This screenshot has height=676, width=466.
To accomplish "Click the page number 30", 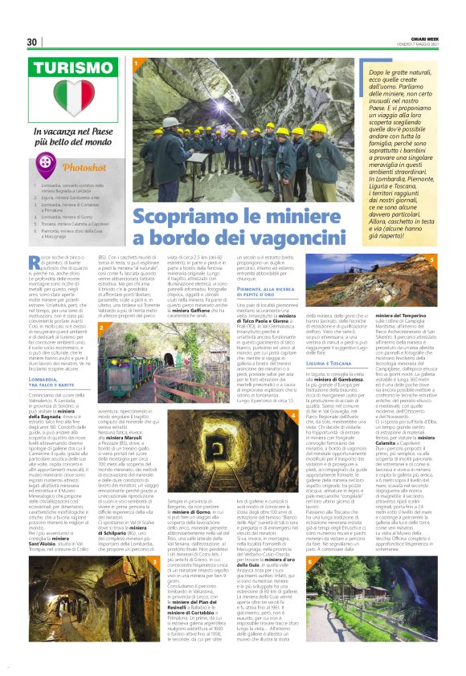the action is [x=32, y=42].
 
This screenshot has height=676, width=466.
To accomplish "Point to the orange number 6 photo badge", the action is [x=311, y=559].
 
